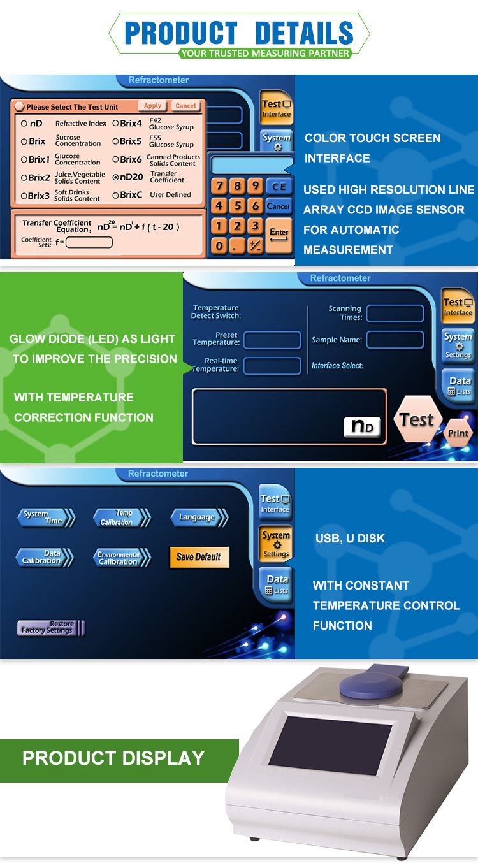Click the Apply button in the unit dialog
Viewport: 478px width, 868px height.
pyautogui.click(x=152, y=106)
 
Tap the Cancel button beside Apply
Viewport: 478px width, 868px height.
pyautogui.click(x=185, y=106)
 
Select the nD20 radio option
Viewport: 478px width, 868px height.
pyautogui.click(x=115, y=177)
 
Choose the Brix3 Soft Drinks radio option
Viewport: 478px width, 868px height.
pyautogui.click(x=24, y=196)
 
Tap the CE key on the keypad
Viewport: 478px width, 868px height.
pyautogui.click(x=279, y=186)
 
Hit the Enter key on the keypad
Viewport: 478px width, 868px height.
pyautogui.click(x=279, y=235)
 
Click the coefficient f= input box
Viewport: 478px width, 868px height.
pyautogui.click(x=89, y=242)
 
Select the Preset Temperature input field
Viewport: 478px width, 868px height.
pyautogui.click(x=272, y=340)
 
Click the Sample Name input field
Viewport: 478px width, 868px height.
pyautogui.click(x=395, y=340)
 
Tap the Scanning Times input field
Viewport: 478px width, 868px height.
pyautogui.click(x=395, y=313)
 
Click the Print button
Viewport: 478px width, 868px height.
pyautogui.click(x=458, y=433)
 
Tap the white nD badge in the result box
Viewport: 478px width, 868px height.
pyautogui.click(x=362, y=427)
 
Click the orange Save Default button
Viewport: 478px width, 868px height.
pyautogui.click(x=198, y=556)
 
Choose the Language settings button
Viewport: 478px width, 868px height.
pyautogui.click(x=198, y=517)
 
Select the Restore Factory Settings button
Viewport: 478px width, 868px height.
pyautogui.click(x=50, y=628)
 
